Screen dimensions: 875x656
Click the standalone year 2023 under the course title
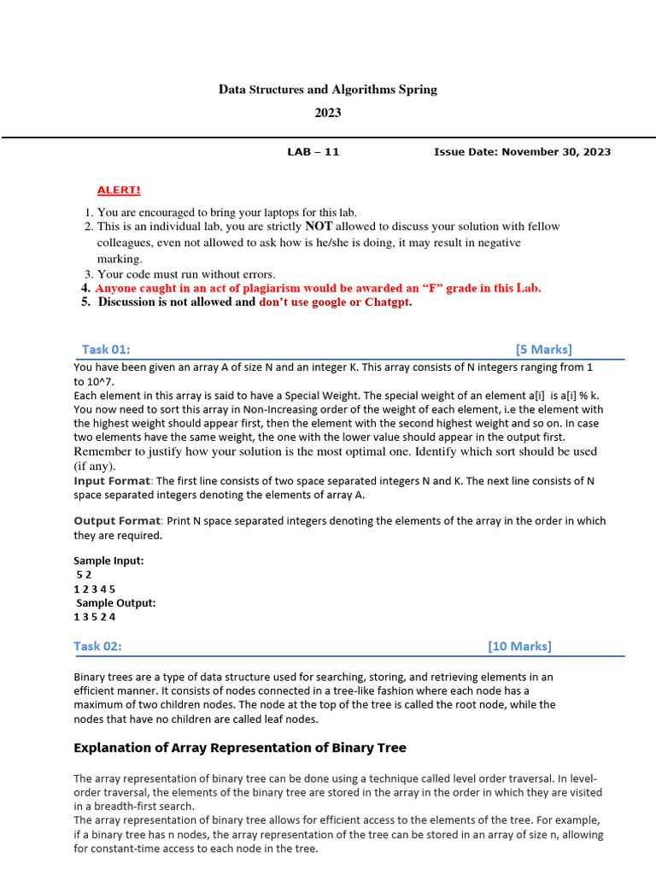(x=327, y=113)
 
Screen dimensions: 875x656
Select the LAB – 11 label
(x=313, y=152)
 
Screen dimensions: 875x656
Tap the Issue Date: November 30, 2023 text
(x=522, y=152)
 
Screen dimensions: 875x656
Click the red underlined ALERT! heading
(x=119, y=190)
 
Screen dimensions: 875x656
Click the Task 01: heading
(x=106, y=349)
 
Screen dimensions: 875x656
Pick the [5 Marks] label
(x=543, y=349)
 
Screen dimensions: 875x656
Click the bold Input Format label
(x=111, y=481)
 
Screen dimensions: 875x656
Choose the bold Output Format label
(x=116, y=520)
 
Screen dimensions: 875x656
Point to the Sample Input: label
(x=108, y=561)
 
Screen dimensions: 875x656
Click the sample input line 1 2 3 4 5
(x=94, y=589)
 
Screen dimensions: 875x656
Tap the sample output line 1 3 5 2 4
(x=94, y=617)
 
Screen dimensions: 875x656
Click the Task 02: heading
(x=103, y=646)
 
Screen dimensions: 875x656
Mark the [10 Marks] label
(x=519, y=646)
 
